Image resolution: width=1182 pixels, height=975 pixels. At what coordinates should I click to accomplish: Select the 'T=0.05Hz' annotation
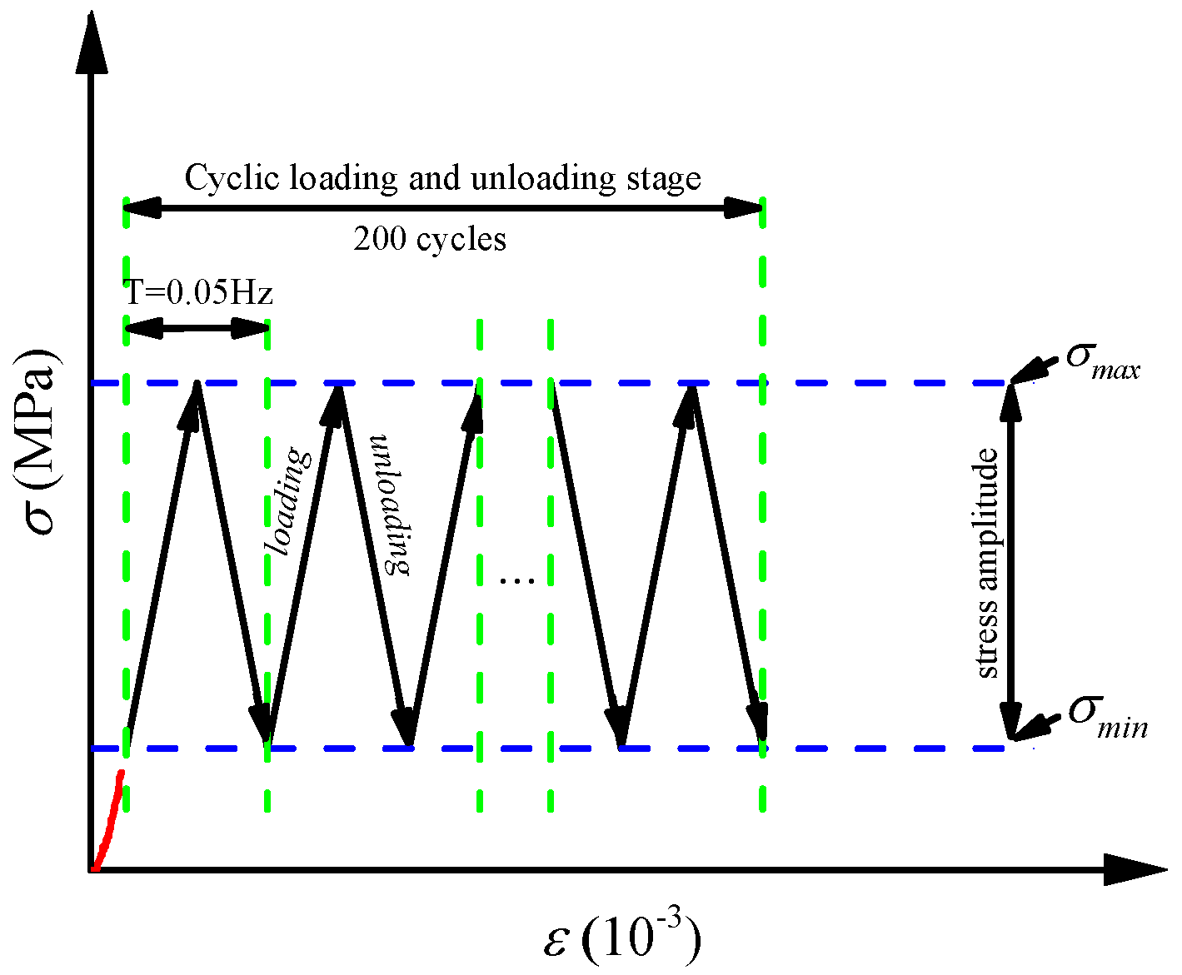click(198, 292)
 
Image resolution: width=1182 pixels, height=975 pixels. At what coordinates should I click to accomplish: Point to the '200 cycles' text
click(430, 240)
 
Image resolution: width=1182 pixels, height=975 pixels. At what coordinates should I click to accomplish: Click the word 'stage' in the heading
click(661, 179)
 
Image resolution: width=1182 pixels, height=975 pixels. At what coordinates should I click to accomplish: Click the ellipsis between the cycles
click(516, 580)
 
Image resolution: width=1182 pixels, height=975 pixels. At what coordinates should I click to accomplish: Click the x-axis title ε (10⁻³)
click(621, 938)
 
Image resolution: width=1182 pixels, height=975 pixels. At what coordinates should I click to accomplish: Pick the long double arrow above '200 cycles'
click(443, 207)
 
